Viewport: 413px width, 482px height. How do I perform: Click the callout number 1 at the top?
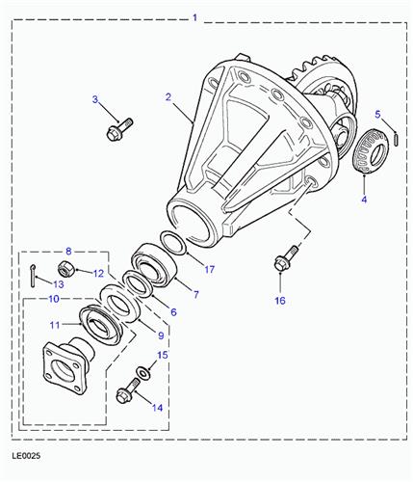click(x=194, y=16)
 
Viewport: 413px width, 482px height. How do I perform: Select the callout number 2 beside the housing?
click(x=168, y=96)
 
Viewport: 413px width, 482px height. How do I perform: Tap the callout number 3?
click(x=95, y=99)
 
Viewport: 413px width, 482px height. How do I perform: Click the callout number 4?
click(x=377, y=114)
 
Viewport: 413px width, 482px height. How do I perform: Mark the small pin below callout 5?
click(x=396, y=139)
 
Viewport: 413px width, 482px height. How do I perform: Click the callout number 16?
click(x=280, y=301)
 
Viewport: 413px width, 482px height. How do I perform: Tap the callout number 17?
click(x=208, y=270)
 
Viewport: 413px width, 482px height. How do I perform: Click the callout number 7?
click(x=196, y=294)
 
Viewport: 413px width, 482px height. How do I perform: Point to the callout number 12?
click(x=97, y=273)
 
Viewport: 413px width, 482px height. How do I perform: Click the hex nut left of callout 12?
click(x=68, y=267)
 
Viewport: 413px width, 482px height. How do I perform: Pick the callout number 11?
click(x=55, y=324)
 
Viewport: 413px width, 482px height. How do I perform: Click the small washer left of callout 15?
click(x=142, y=371)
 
